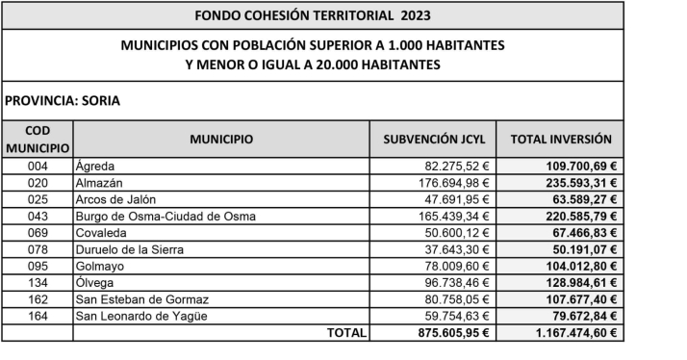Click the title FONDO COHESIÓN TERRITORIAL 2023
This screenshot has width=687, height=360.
(313, 16)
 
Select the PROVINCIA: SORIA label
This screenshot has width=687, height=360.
(63, 99)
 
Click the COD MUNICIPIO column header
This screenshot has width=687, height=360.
(38, 139)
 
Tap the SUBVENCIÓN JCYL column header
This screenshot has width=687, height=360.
(436, 140)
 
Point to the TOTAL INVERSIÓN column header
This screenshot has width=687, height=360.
(563, 140)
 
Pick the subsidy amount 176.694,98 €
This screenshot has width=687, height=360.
(450, 183)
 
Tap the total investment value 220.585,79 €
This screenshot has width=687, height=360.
(576, 217)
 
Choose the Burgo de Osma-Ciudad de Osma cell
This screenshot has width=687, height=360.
(165, 217)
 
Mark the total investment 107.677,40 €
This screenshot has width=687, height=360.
(576, 299)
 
